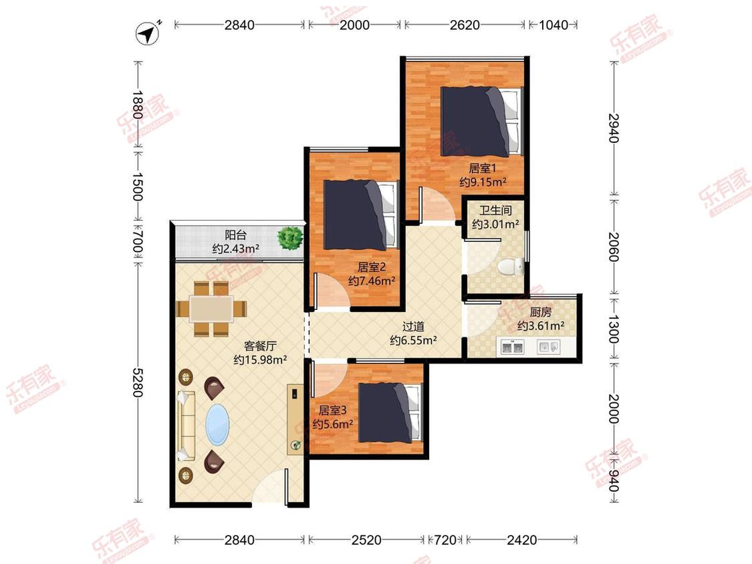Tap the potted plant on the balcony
coord(289,237)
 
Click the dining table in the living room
coord(211,308)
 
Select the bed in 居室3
coord(390,412)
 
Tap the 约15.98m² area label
coord(260,360)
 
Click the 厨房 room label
coord(541,312)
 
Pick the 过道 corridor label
coord(413,327)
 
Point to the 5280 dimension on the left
coord(138,382)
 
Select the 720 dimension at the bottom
coord(445,540)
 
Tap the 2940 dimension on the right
coord(614,128)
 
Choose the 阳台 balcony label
coord(235,235)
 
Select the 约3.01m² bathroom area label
coord(495,224)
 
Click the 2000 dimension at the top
coord(354,25)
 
